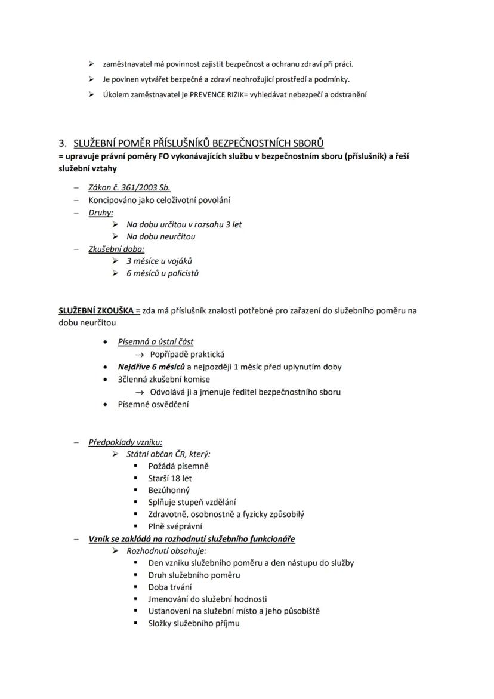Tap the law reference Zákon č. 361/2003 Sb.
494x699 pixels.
(x=129, y=187)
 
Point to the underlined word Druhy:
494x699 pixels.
(x=101, y=212)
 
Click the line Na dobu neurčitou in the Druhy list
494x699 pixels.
(x=160, y=236)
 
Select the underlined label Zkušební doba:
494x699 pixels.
(x=116, y=249)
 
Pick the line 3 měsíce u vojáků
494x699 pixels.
(x=159, y=261)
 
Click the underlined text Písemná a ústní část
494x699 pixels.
(x=156, y=342)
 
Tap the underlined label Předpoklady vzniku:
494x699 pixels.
(x=125, y=442)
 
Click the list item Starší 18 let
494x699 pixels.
(x=170, y=478)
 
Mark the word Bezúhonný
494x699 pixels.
(x=169, y=490)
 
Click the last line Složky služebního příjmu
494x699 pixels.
(x=194, y=623)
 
